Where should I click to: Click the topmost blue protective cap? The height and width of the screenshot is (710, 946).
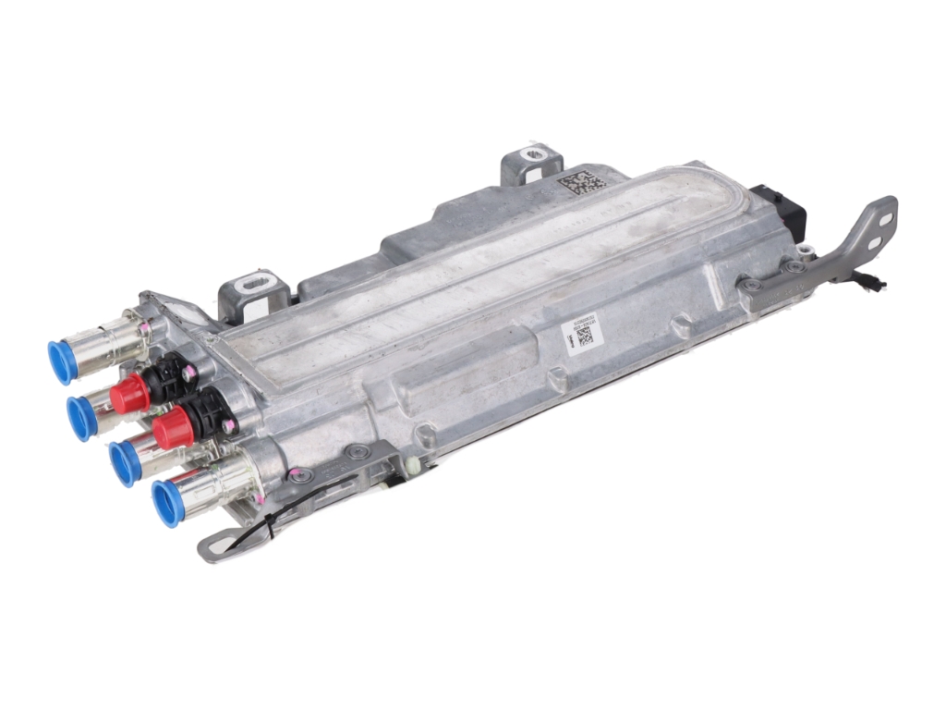(61, 361)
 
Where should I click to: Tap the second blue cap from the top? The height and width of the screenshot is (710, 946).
(80, 417)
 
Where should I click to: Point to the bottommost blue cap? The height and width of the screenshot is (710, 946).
(167, 503)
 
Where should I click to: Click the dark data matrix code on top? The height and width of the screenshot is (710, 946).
(582, 181)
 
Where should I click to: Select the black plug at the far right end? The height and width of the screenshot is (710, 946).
(779, 211)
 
